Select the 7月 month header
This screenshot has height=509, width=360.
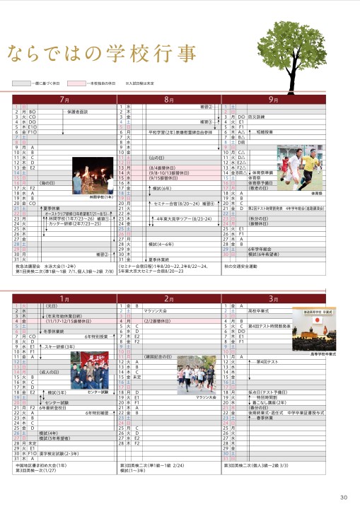pos(64,100)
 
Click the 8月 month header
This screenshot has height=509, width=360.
pos(169,100)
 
